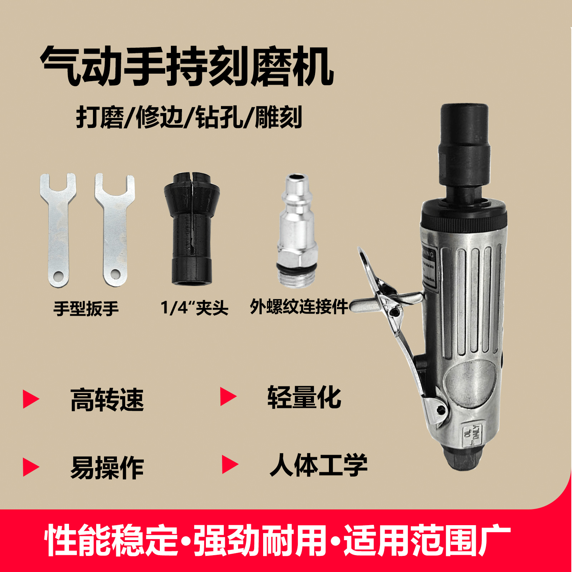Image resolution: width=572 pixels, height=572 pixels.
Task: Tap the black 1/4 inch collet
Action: point(192,229)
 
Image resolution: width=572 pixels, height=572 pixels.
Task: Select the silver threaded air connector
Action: point(297,232)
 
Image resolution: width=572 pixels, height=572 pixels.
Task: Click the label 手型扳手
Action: point(86,309)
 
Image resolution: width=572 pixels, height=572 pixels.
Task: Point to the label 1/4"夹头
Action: point(194,308)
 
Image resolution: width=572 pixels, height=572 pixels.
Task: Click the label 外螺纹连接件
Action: point(299,307)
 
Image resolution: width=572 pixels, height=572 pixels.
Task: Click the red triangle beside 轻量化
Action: point(228,396)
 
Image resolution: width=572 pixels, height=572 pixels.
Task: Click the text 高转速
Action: point(107,400)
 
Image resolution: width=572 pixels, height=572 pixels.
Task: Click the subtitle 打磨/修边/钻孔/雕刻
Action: point(189,117)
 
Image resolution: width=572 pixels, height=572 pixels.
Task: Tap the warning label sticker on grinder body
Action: point(429,266)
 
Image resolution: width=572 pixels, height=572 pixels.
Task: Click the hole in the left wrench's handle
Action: point(58,276)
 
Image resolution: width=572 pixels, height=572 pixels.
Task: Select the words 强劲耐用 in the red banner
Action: point(260,540)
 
